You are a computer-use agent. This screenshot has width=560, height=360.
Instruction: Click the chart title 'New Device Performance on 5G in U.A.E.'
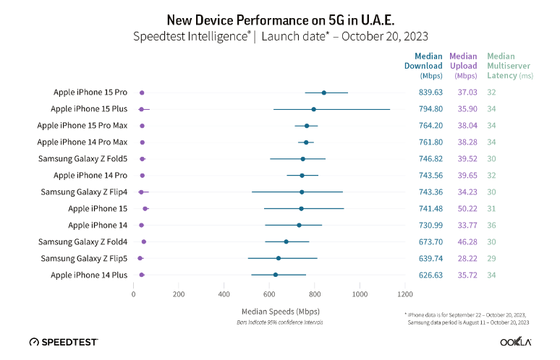click(x=279, y=20)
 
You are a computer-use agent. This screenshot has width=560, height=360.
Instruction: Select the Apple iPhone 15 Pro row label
click(x=90, y=93)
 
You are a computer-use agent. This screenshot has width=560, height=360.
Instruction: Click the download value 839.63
click(x=431, y=93)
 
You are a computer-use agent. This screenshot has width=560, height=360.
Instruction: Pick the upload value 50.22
click(x=463, y=208)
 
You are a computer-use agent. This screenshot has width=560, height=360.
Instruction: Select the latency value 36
click(x=492, y=225)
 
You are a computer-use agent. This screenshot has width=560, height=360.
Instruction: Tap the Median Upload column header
click(x=463, y=65)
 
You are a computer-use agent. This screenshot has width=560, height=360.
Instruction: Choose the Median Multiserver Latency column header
click(x=509, y=65)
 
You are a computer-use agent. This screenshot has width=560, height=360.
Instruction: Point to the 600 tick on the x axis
click(x=269, y=294)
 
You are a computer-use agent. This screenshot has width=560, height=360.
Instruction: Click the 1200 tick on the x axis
click(x=405, y=294)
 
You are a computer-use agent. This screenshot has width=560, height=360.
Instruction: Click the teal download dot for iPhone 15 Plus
click(x=313, y=109)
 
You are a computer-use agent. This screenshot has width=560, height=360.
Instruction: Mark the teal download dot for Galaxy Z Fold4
click(x=286, y=241)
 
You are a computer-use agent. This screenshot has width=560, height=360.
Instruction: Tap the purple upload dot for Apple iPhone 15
click(x=145, y=208)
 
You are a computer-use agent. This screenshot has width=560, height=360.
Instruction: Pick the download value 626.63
click(x=431, y=275)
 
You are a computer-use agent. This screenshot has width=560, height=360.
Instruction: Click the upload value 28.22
click(x=463, y=258)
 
